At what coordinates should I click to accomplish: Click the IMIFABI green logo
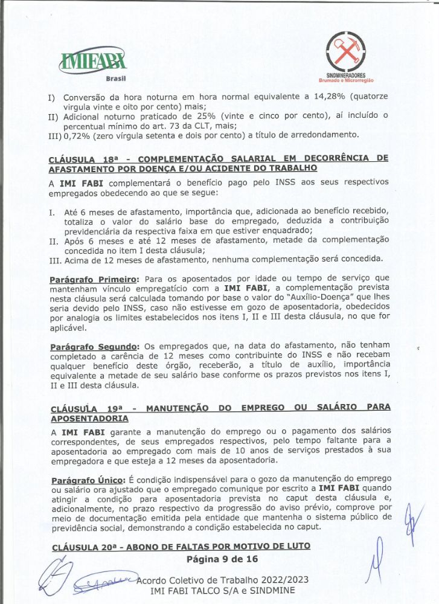coord(93,59)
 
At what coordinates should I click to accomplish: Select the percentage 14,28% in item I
coord(332,96)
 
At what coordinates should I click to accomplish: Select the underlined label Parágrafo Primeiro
coord(94,280)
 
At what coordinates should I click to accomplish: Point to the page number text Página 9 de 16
coord(222,559)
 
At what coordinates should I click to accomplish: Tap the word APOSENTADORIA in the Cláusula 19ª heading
coord(89,418)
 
